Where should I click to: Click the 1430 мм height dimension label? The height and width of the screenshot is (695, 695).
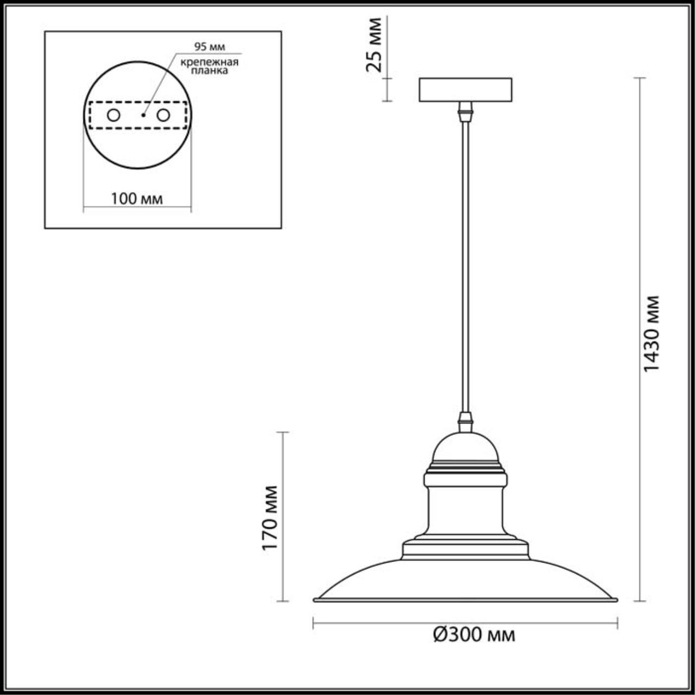coord(651,333)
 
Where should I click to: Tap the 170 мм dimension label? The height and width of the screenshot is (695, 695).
coord(270,517)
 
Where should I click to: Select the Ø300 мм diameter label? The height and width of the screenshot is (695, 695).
coord(474,634)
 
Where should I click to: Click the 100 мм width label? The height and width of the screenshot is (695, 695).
coord(137,199)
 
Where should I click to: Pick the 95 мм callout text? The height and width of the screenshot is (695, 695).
coord(210,47)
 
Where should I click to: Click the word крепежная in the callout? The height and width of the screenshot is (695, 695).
coord(210,61)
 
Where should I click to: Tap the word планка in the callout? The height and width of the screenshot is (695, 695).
coord(210,71)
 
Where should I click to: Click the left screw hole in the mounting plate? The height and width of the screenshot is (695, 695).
coord(113,115)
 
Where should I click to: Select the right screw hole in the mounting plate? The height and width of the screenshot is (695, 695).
coord(163,115)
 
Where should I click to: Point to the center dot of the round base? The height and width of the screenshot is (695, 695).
coord(143,115)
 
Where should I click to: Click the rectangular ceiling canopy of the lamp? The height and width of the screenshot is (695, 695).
coord(465,90)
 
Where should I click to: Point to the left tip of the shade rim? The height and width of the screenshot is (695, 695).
coord(315,599)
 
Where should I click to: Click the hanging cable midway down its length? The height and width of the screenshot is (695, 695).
coord(465,266)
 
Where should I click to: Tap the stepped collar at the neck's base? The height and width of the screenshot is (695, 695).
coord(465,549)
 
